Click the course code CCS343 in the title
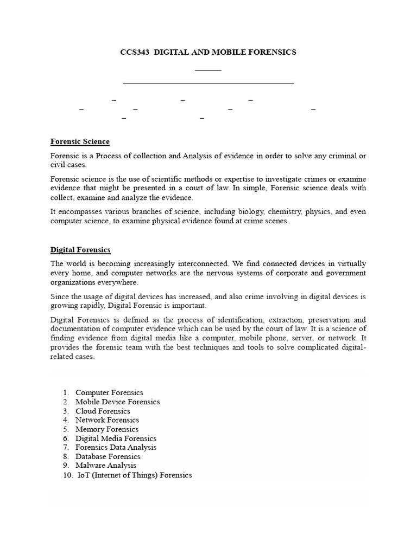coord(134,52)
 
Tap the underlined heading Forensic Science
coord(80,141)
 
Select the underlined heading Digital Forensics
coord(80,250)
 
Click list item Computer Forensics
coord(109,392)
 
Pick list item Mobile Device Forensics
coord(117,402)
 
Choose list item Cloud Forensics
coord(103,411)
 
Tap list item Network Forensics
coord(107,420)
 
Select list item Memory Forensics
coord(107,429)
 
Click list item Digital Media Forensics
coord(116,438)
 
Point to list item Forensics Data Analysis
coord(116,447)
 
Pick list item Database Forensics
coord(108,456)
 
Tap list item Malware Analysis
coord(106,466)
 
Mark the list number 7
coord(66,447)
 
